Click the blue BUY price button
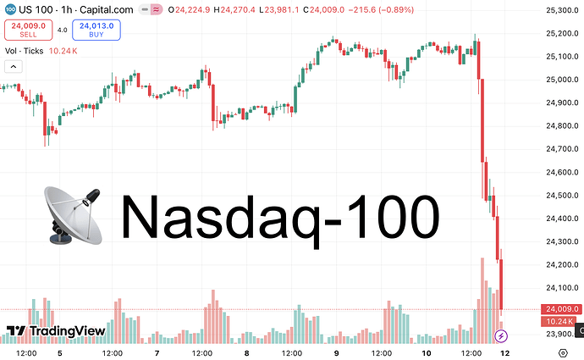pyautogui.click(x=96, y=30)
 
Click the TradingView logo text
pyautogui.click(x=58, y=331)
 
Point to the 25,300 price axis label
pyautogui.click(x=561, y=10)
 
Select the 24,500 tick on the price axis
pyautogui.click(x=561, y=196)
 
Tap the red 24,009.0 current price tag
pyautogui.click(x=561, y=309)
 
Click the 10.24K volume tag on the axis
pyautogui.click(x=559, y=321)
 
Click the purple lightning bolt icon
pyautogui.click(x=499, y=336)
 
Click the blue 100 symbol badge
pyautogui.click(x=10, y=9)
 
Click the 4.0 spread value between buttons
pyautogui.click(x=62, y=30)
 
